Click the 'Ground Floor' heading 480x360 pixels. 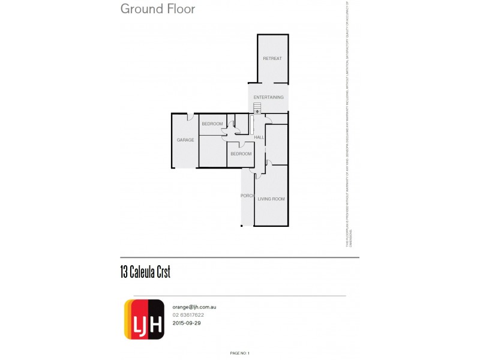pyautogui.click(x=158, y=9)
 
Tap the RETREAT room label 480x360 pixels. pyautogui.click(x=272, y=58)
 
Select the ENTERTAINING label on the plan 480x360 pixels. pyautogui.click(x=268, y=97)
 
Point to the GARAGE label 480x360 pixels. pyautogui.click(x=185, y=140)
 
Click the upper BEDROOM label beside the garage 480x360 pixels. pyautogui.click(x=212, y=124)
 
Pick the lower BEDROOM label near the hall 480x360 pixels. pyautogui.click(x=241, y=154)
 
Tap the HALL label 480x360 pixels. pyautogui.click(x=259, y=137)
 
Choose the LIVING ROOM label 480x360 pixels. pyautogui.click(x=271, y=199)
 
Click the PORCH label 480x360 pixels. pyautogui.click(x=247, y=196)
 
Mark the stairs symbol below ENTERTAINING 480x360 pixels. pyautogui.click(x=257, y=107)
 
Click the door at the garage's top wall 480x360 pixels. pyautogui.click(x=190, y=116)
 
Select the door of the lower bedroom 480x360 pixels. pyautogui.click(x=241, y=145)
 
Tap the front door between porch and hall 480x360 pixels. pyautogui.click(x=259, y=175)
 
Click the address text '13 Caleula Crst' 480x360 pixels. pyautogui.click(x=145, y=272)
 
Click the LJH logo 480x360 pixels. pyautogui.click(x=144, y=319)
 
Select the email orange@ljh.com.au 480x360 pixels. pyautogui.click(x=194, y=307)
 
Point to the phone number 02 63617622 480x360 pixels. pyautogui.click(x=188, y=315)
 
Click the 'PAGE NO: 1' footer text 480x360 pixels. pyautogui.click(x=239, y=353)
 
